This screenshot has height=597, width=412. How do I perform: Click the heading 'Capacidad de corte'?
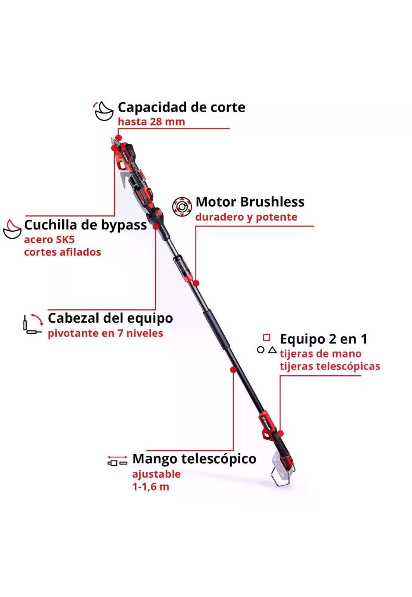click(181, 108)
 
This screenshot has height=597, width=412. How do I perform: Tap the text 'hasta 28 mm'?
click(152, 122)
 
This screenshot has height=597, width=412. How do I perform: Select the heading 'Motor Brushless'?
click(250, 202)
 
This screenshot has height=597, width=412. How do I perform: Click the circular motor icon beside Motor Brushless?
click(182, 207)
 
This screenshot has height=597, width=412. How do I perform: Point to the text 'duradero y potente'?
click(246, 217)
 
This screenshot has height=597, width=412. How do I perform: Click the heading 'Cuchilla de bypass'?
click(85, 225)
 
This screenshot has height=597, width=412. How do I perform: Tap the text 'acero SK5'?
click(49, 240)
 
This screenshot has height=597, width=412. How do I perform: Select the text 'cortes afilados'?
click(63, 252)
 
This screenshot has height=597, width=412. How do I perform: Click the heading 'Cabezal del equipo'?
click(110, 318)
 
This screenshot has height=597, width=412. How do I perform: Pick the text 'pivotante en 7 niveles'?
click(106, 333)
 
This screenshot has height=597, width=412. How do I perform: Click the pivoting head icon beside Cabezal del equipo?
click(32, 323)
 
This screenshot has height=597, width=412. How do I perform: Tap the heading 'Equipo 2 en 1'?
click(324, 339)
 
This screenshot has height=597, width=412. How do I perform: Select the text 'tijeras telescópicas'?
click(330, 366)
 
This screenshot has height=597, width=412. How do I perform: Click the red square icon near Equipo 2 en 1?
click(266, 338)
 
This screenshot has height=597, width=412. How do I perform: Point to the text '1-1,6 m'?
click(151, 487)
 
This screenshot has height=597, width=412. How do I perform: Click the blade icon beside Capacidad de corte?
click(104, 111)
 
